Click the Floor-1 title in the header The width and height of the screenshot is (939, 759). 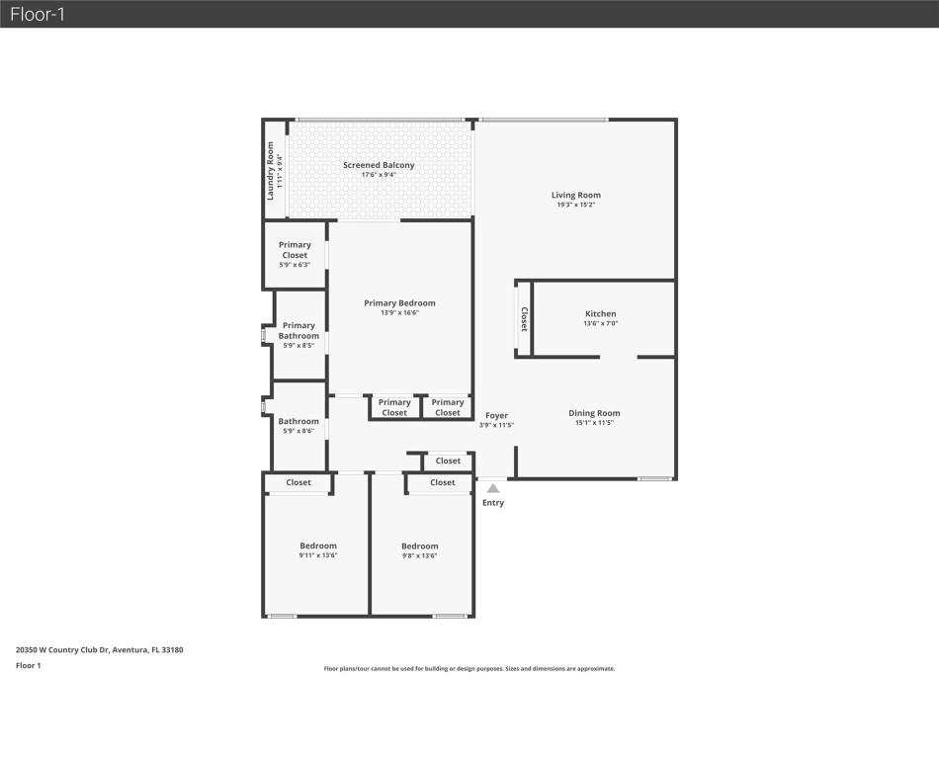click(38, 14)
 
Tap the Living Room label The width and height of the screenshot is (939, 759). click(575, 195)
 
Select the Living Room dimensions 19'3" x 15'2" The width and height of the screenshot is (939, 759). click(575, 206)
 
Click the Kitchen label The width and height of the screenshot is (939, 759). click(600, 313)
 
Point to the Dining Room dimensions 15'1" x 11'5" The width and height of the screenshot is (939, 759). click(593, 423)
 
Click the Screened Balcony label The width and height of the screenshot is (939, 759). click(379, 165)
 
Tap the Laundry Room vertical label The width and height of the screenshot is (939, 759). click(270, 171)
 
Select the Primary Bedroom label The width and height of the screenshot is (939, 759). click(399, 303)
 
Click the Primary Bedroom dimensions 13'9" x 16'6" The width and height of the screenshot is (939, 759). click(399, 313)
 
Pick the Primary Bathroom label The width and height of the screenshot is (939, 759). click(299, 330)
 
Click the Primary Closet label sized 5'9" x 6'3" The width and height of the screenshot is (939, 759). click(295, 250)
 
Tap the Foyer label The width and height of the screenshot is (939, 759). click(496, 415)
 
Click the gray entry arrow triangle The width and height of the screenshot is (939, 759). click(492, 487)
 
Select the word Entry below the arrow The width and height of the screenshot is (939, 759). click(492, 503)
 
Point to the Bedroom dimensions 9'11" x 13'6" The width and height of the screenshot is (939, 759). click(318, 556)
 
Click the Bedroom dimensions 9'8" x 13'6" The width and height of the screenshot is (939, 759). click(419, 556)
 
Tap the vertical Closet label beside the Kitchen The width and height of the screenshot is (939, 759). click(524, 318)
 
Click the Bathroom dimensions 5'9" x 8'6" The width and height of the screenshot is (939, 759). click(299, 432)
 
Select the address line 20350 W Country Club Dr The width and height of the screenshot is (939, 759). click(100, 650)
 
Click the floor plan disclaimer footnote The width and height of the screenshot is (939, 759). click(469, 669)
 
